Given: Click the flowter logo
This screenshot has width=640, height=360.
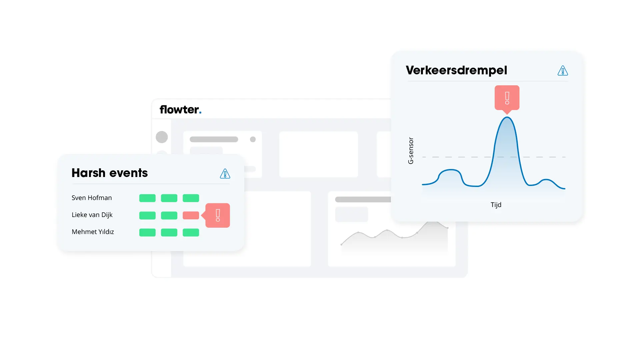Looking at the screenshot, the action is click(180, 109).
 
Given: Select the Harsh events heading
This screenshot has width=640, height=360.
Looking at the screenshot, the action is click(110, 173).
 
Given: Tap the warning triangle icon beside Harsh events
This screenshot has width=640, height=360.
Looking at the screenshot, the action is click(225, 173).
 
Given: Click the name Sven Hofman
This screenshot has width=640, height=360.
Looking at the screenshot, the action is click(92, 198).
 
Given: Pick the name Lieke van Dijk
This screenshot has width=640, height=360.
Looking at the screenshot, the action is click(92, 215).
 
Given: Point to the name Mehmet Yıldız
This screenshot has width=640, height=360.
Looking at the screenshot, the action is click(93, 232).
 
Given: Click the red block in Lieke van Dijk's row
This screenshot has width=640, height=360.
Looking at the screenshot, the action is click(191, 215).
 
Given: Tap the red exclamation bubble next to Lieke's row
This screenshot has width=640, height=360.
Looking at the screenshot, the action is click(217, 215).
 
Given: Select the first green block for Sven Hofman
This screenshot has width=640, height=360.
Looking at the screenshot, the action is click(147, 198).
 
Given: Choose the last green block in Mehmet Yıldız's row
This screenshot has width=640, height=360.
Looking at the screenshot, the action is click(191, 232).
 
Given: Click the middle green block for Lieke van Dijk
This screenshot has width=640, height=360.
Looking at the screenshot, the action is click(169, 215).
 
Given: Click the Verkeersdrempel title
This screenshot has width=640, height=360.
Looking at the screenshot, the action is click(456, 70).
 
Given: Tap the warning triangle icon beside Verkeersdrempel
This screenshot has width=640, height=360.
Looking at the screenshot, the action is click(563, 70).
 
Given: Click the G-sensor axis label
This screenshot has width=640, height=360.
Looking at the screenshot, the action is click(411, 151).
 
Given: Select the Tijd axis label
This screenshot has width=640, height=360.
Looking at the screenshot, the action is click(496, 205).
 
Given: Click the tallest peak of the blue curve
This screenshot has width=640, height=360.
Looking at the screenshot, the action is click(507, 117).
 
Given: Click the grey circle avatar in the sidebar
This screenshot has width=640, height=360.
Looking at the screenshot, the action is click(162, 137).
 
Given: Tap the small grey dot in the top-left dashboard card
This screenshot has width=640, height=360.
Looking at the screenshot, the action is click(253, 139).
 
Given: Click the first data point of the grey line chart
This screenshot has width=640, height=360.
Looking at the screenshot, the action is click(341, 245).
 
